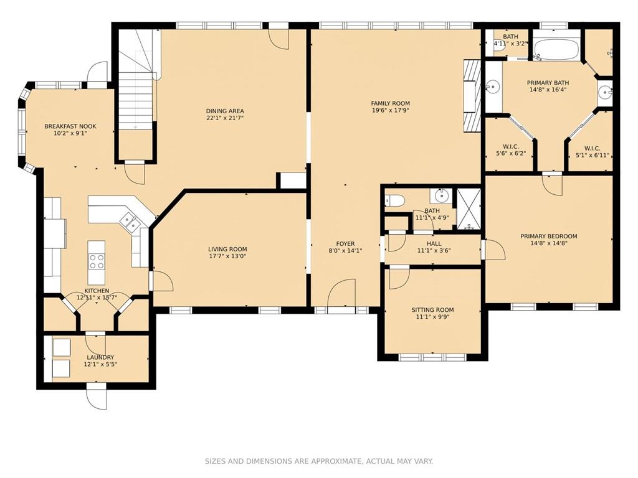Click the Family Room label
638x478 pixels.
pyautogui.click(x=390, y=103)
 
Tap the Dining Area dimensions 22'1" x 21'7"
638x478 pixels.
pyautogui.click(x=224, y=118)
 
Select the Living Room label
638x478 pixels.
pyautogui.click(x=227, y=249)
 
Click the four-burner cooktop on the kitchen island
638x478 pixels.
pyautogui.click(x=97, y=261)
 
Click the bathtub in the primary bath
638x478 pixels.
pyautogui.click(x=557, y=50)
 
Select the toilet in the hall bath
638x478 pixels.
pyautogui.click(x=394, y=201)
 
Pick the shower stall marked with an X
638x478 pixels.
pyautogui.click(x=469, y=209)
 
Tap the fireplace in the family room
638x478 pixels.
pyautogui.click(x=472, y=96)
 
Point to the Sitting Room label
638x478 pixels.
pyautogui.click(x=432, y=310)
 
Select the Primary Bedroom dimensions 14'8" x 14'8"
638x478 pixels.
pyautogui.click(x=549, y=243)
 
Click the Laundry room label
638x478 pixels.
pyautogui.click(x=100, y=357)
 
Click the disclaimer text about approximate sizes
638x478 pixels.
pyautogui.click(x=318, y=461)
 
